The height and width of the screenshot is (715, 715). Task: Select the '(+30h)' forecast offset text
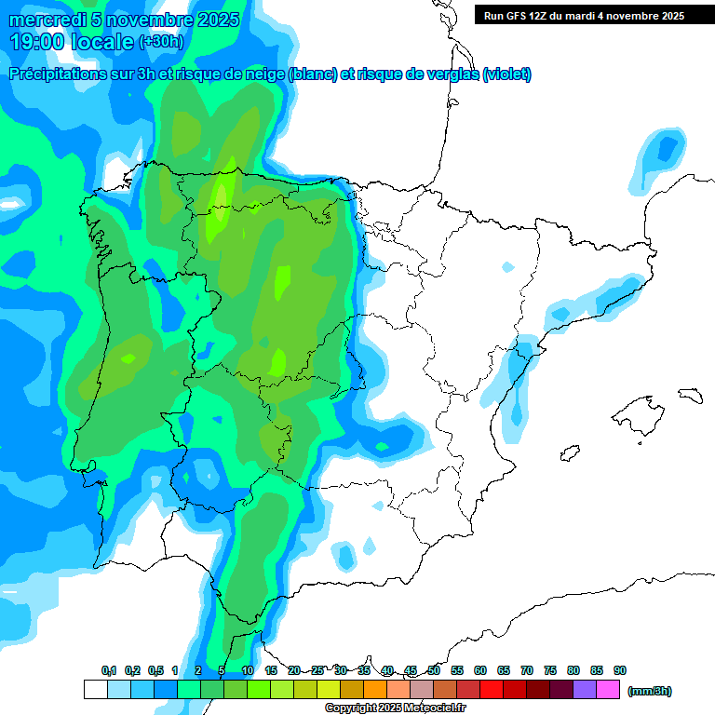coord(160,42)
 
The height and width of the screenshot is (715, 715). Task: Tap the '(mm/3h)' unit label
coord(649,691)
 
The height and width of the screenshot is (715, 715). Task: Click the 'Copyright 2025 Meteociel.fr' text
coord(395,708)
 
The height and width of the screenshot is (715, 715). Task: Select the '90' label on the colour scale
coord(620,670)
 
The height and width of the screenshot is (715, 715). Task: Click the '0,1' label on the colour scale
coord(108,670)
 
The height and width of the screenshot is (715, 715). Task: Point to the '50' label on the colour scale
coord(434,670)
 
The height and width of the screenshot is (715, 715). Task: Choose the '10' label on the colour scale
coord(248,670)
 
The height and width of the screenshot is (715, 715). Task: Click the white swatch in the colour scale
coord(95,690)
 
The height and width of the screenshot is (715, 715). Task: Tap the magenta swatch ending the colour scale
coord(608,690)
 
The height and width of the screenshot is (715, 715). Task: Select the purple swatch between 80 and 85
coord(585,690)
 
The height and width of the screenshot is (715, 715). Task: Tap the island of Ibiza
coord(568,452)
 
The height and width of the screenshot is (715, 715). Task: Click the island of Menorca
coord(690,395)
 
